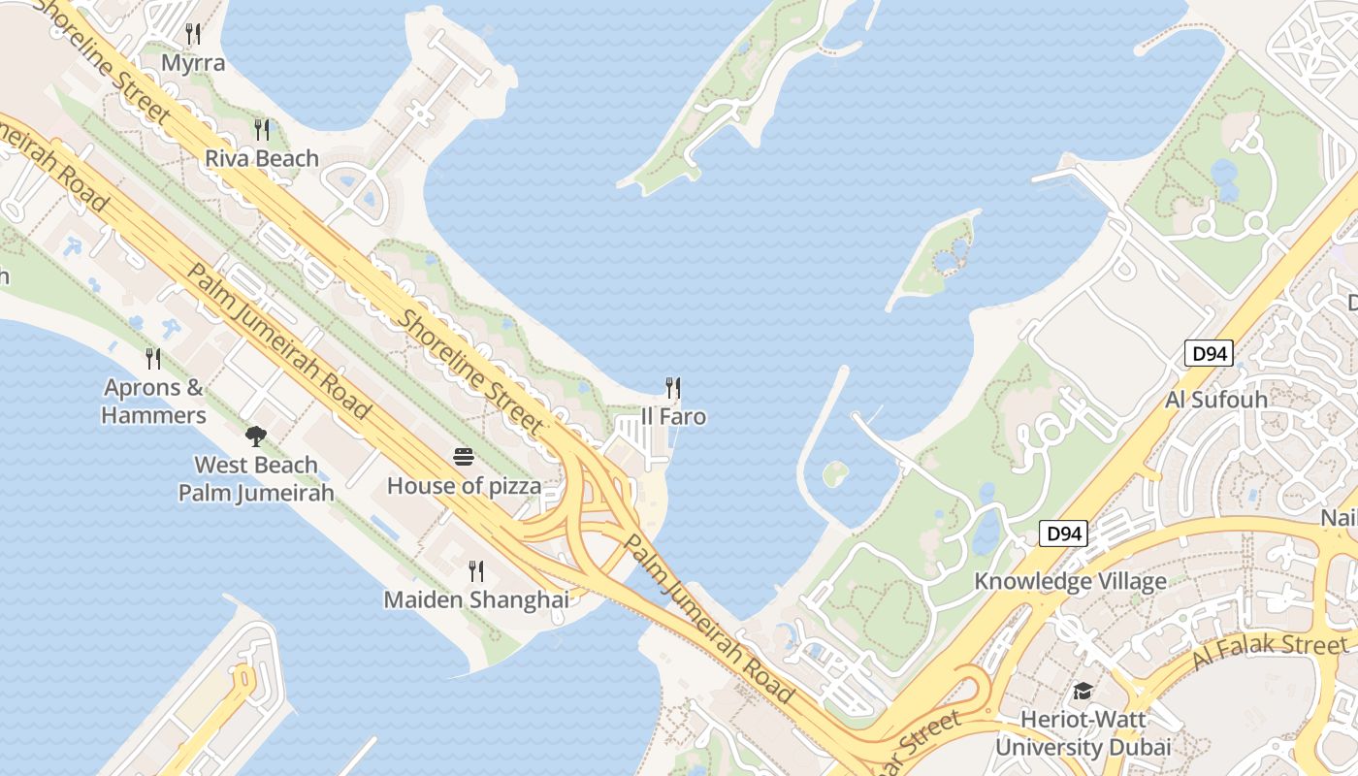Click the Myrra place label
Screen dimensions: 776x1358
point(193,64)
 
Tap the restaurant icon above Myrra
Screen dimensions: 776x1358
point(193,34)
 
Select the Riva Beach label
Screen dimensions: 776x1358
point(262,158)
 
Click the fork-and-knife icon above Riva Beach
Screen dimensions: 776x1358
point(262,129)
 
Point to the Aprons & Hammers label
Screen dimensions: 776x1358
point(154,402)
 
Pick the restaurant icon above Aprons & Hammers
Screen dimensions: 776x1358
point(153,359)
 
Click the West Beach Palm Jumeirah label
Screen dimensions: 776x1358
point(256,478)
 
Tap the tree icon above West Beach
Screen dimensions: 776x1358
point(256,436)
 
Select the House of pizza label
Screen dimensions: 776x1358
point(464,485)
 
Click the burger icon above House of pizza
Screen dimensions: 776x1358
point(464,456)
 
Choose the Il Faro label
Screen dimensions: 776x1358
point(673,417)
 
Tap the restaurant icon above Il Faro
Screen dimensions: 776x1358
point(673,388)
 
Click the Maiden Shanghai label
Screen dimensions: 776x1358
point(476,599)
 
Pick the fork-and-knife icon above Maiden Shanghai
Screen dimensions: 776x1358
point(476,570)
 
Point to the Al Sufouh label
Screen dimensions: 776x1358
point(1216,400)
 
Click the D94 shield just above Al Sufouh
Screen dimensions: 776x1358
point(1209,353)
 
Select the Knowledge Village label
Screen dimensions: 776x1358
point(1070,581)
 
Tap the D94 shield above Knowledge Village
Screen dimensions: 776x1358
point(1064,533)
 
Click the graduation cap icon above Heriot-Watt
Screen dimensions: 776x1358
point(1083,691)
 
